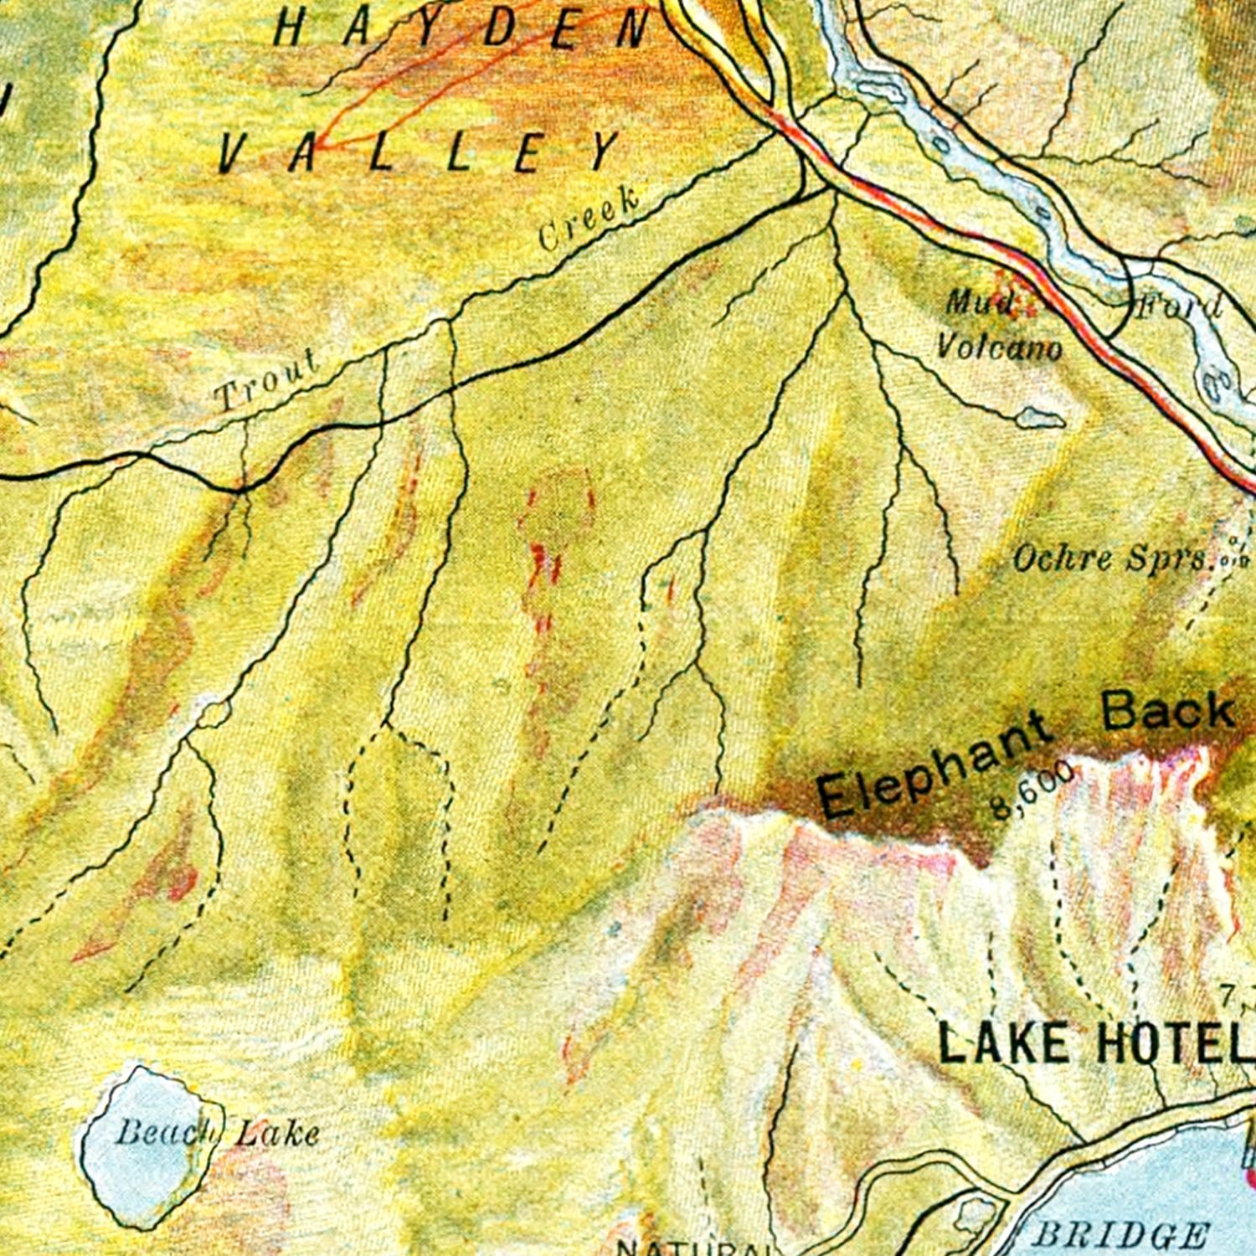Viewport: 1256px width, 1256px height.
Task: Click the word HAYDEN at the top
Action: (461, 29)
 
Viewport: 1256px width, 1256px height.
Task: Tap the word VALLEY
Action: (419, 152)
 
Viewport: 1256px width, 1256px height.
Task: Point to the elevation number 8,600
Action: (1032, 789)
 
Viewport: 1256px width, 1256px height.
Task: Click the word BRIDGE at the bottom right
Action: (1122, 1236)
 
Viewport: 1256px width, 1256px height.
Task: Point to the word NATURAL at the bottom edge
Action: (687, 1248)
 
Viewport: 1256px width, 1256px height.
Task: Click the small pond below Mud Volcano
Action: (1042, 416)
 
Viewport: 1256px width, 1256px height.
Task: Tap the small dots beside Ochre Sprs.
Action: (1234, 557)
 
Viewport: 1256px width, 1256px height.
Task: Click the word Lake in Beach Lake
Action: (276, 1135)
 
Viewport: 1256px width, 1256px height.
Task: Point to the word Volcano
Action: (999, 346)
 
